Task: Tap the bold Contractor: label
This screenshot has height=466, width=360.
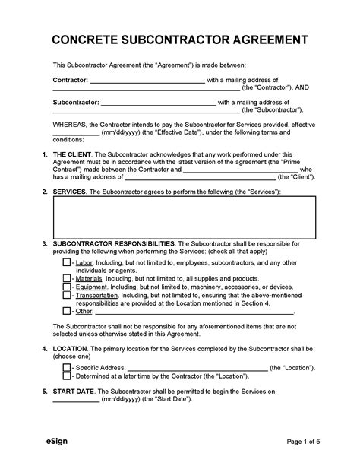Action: click(x=71, y=79)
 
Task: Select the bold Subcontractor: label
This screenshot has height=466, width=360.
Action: click(x=75, y=101)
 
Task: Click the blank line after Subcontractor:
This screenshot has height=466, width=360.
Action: click(x=158, y=103)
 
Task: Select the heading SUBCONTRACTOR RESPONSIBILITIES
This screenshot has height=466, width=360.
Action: click(x=114, y=243)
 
